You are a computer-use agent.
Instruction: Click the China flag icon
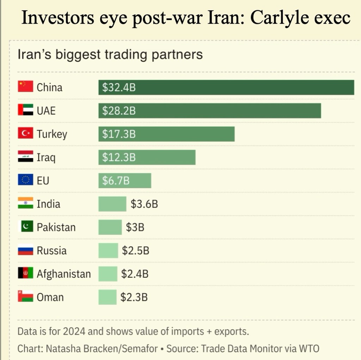point(25,87)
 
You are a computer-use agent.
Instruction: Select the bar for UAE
point(209,111)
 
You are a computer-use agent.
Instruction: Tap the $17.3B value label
point(119,134)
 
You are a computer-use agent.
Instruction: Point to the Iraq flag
point(25,157)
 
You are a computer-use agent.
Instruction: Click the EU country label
point(43,181)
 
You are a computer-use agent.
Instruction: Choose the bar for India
point(112,204)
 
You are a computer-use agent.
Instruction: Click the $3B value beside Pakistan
point(135,227)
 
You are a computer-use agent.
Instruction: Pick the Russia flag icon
point(25,250)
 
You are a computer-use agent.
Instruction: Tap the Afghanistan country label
point(63,274)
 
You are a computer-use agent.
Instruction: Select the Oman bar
point(107,297)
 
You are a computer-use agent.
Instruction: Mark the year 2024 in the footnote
point(72,331)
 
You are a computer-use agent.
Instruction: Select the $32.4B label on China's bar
point(119,88)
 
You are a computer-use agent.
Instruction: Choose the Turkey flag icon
point(25,133)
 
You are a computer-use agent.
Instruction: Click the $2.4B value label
point(135,274)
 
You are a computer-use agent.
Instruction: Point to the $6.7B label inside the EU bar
point(116,181)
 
